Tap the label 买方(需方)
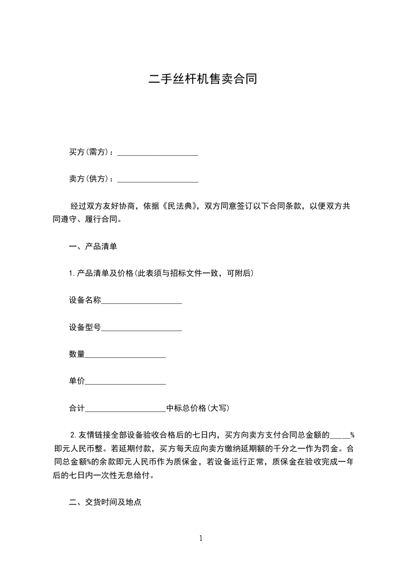pyautogui.click(x=90, y=152)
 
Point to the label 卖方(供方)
pyautogui.click(x=90, y=179)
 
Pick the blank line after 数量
pyautogui.click(x=125, y=356)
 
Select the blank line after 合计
pyautogui.click(x=125, y=410)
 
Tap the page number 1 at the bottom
pyautogui.click(x=201, y=538)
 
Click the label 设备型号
pyautogui.click(x=85, y=327)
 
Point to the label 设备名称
pyautogui.click(x=85, y=300)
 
